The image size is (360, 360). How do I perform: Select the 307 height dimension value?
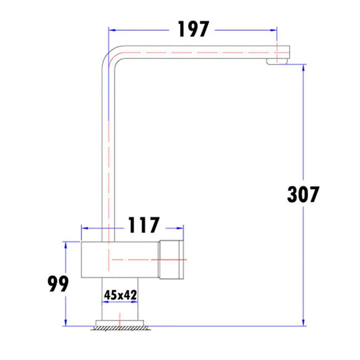[303, 194]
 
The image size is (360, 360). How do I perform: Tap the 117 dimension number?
[144, 225]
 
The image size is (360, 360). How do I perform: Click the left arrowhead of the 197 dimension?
[110, 30]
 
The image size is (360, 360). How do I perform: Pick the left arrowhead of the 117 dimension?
[84, 228]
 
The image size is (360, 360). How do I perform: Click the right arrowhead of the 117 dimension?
[181, 228]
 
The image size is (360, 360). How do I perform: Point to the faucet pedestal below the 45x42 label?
[119, 310]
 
